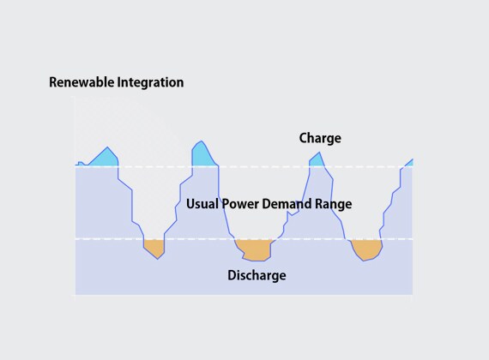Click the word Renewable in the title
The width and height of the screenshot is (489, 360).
click(81, 82)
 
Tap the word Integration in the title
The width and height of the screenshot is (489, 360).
click(150, 82)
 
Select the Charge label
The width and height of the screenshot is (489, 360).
click(320, 138)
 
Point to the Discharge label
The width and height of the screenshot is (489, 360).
click(257, 275)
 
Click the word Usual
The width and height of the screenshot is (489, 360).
click(202, 204)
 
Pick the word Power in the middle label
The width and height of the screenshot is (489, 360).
click(240, 204)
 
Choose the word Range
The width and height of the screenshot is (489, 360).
click(334, 205)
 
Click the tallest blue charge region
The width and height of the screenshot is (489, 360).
click(202, 156)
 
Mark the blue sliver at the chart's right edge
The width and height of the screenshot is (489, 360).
click(409, 163)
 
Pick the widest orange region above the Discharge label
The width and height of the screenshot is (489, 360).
click(254, 249)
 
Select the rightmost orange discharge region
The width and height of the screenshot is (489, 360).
click(367, 249)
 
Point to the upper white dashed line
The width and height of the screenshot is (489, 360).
click(244, 167)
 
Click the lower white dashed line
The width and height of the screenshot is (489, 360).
click(244, 239)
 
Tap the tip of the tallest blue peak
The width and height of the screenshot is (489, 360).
click(202, 141)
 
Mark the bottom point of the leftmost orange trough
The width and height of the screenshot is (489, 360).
click(158, 259)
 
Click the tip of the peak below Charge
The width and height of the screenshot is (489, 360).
click(319, 152)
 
